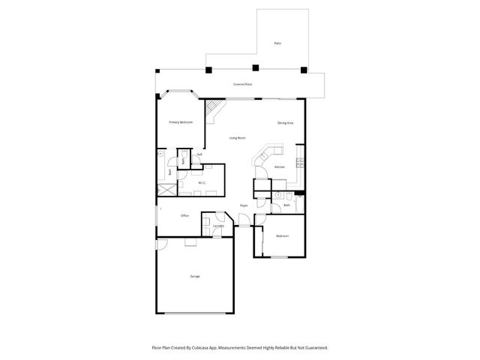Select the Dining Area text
285,122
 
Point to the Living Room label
238,138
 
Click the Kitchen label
279,166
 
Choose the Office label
184,215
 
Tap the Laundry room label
218,225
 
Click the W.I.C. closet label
202,182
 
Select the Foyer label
244,205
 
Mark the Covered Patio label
242,85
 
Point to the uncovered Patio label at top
277,45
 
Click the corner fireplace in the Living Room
214,109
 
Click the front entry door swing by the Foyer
244,219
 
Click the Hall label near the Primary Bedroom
199,154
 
